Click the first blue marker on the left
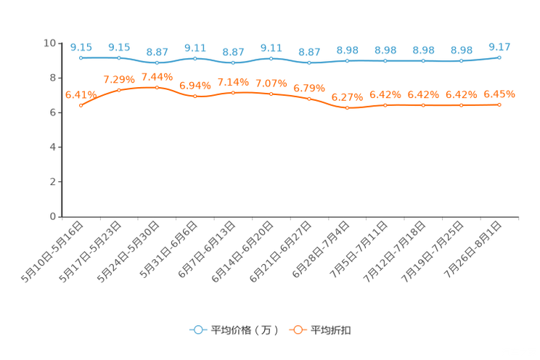pyautogui.click(x=81, y=57)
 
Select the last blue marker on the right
pyautogui.click(x=499, y=57)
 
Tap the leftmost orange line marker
pyautogui.click(x=81, y=106)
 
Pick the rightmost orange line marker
pyautogui.click(x=499, y=105)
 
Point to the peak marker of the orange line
pyautogui.click(x=157, y=87)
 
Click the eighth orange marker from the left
pyautogui.click(x=347, y=108)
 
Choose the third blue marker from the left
pyautogui.click(x=157, y=62)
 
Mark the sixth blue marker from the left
pyautogui.click(x=271, y=58)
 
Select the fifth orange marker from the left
pyautogui.click(x=233, y=93)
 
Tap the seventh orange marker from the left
pyautogui.click(x=309, y=99)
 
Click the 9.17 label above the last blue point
pyautogui.click(x=499, y=47)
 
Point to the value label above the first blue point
pyautogui.click(x=81, y=47)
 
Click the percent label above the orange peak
pyautogui.click(x=157, y=76)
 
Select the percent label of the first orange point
pyautogui.click(x=78, y=95)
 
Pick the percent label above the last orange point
pyautogui.click(x=499, y=94)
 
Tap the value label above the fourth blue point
pyautogui.click(x=195, y=48)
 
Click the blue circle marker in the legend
pyautogui.click(x=197, y=330)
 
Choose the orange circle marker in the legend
pyautogui.click(x=298, y=330)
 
